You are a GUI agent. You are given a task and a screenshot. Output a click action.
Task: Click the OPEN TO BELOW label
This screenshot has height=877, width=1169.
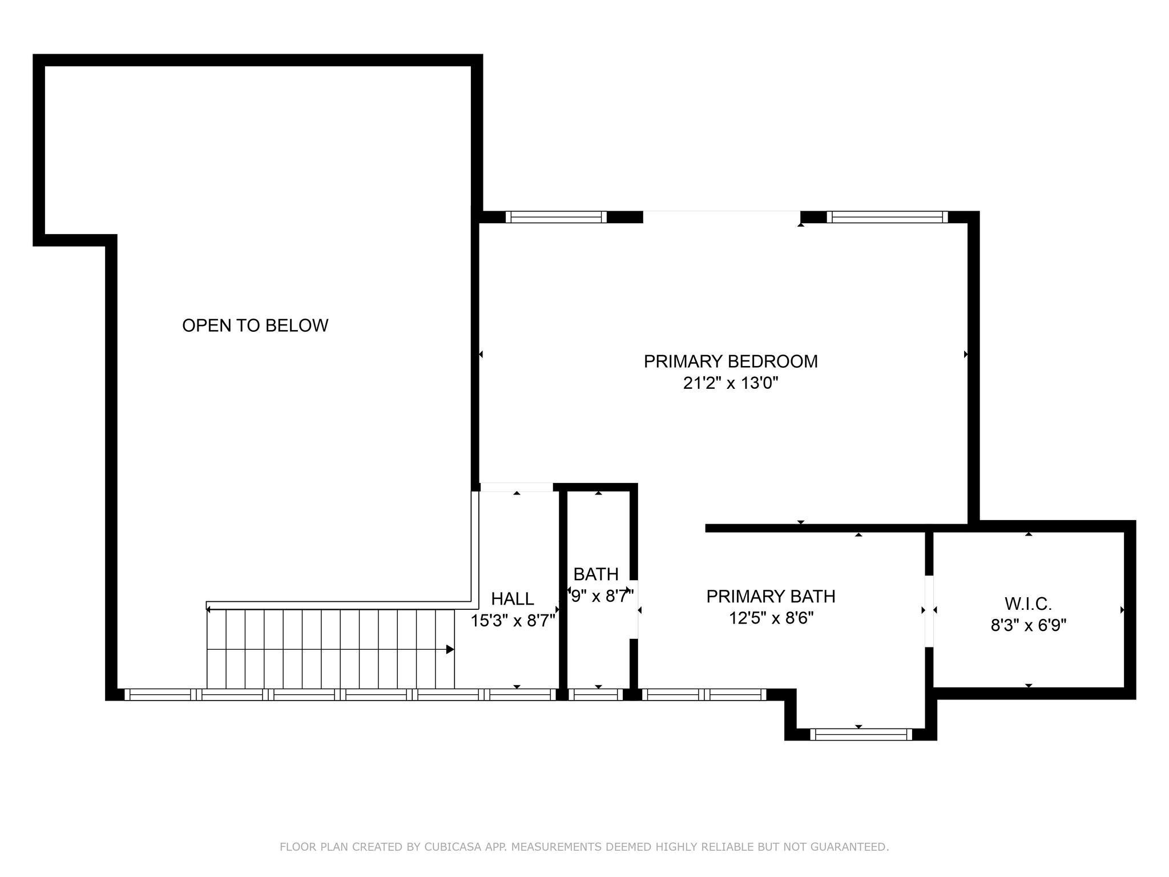(x=255, y=325)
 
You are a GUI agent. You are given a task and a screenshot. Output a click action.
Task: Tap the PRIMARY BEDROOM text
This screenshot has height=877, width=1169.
(x=731, y=361)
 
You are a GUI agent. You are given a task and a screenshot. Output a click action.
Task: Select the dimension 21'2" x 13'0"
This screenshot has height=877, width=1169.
(x=731, y=383)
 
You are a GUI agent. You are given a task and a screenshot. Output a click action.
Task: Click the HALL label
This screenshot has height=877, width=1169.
(x=513, y=599)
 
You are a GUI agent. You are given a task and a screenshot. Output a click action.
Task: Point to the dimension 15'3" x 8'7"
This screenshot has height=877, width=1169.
(x=513, y=621)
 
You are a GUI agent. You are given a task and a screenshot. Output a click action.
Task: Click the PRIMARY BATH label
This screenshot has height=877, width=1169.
(x=771, y=597)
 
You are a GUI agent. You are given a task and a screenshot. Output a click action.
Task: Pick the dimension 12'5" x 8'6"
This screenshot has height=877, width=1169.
(x=771, y=618)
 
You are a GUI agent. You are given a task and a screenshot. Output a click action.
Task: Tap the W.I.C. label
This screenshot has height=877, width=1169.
(x=1028, y=604)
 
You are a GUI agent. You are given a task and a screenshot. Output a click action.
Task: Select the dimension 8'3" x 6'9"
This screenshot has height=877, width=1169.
(x=1028, y=625)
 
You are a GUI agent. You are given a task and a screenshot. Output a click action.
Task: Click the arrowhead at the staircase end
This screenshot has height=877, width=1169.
(x=450, y=649)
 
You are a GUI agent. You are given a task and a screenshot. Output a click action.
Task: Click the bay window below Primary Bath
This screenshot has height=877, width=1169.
(x=861, y=734)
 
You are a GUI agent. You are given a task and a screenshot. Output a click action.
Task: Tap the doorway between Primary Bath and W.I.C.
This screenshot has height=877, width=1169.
(x=929, y=611)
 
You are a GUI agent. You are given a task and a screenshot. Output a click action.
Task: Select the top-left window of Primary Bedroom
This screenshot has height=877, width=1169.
(x=556, y=217)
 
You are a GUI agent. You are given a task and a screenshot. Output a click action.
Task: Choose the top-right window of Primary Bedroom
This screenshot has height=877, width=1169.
(x=887, y=217)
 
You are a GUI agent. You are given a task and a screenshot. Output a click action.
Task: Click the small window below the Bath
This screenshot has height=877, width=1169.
(x=598, y=694)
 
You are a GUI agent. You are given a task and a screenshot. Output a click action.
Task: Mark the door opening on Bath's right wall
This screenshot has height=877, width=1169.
(x=634, y=610)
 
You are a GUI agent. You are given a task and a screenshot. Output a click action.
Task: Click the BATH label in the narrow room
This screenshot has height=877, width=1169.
(x=596, y=574)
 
